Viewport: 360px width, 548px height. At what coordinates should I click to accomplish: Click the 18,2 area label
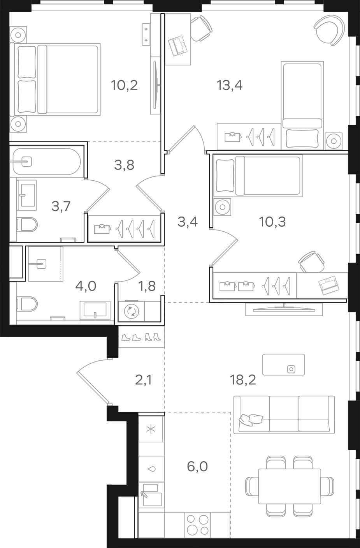[x=243, y=380]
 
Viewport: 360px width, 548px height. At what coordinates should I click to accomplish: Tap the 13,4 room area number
[x=230, y=85]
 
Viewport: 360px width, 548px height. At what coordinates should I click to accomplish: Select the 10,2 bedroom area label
[x=124, y=85]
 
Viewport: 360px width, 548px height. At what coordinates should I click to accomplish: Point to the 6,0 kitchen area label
[x=197, y=467]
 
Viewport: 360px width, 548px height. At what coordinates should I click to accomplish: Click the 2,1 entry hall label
[x=144, y=380]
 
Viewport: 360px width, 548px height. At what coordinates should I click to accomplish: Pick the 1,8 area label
[x=147, y=286]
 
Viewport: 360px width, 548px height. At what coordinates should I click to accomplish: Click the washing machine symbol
[x=132, y=311]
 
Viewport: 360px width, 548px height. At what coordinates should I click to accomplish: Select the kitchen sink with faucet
[x=151, y=495]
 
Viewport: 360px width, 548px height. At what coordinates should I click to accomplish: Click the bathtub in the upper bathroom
[x=46, y=162]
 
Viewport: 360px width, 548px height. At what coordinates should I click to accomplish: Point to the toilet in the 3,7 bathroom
[x=27, y=225]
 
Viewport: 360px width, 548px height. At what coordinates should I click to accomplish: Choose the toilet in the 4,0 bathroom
[x=27, y=304]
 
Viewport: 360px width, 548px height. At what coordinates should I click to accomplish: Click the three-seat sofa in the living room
[x=284, y=415]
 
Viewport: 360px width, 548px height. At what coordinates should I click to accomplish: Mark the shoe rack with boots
[x=141, y=337]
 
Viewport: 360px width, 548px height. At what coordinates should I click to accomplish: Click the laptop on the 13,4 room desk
[x=178, y=46]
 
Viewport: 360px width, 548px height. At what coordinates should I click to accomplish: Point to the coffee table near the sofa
[x=283, y=365]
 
